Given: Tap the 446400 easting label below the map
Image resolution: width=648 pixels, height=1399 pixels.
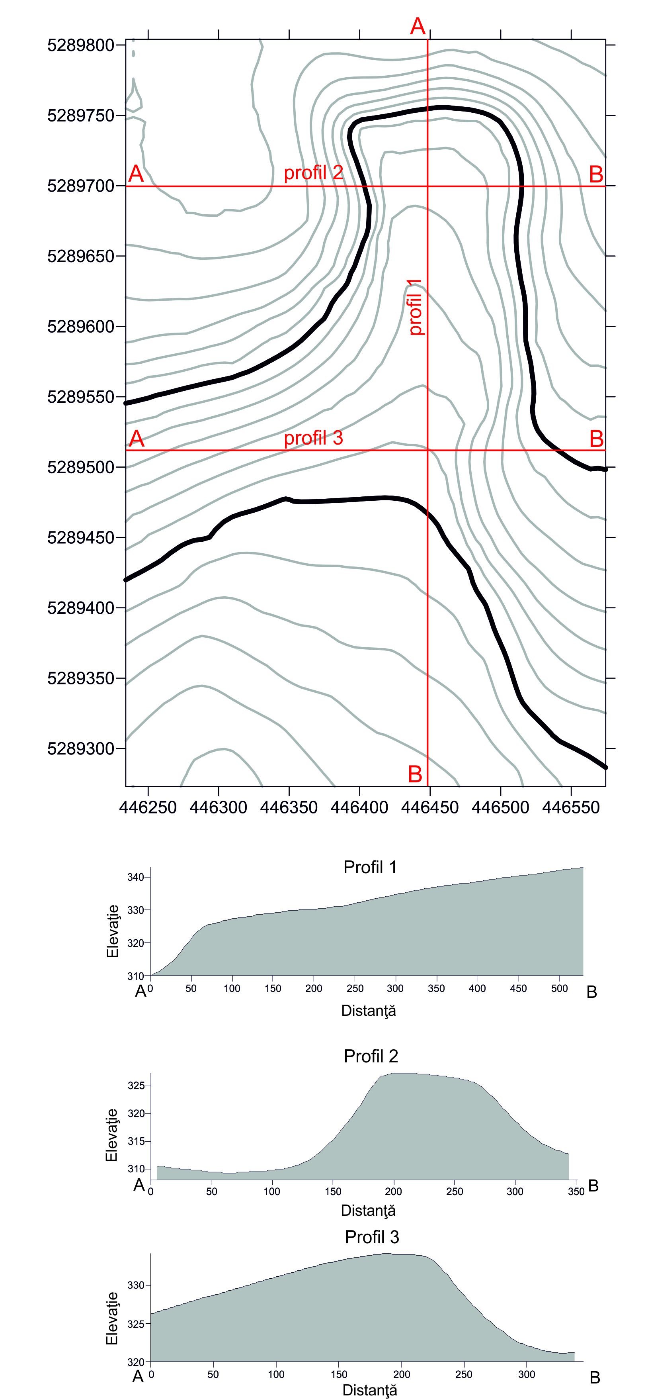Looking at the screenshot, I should click(359, 807).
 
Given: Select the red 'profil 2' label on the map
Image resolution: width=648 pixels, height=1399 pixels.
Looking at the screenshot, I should click(313, 173).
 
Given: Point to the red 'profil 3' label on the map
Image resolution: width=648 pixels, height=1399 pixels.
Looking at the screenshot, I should click(313, 438).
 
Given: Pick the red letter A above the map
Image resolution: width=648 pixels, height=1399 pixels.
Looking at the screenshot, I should click(418, 26).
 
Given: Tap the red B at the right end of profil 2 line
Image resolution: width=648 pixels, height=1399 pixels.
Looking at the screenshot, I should click(596, 175).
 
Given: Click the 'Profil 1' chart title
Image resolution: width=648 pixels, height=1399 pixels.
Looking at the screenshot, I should click(370, 867).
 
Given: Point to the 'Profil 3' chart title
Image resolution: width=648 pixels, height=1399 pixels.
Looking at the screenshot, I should click(372, 1237).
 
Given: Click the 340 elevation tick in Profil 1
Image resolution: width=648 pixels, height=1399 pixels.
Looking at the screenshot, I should click(135, 877).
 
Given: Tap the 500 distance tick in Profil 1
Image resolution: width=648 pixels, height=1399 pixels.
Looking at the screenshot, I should click(559, 988).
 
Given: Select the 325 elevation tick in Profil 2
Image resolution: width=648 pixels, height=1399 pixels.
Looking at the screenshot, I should click(136, 1085).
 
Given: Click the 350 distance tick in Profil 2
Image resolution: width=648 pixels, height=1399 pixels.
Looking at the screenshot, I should click(576, 1191).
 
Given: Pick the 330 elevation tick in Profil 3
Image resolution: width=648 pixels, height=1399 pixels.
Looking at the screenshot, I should click(136, 1285).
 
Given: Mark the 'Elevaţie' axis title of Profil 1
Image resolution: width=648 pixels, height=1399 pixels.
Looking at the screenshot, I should click(112, 931).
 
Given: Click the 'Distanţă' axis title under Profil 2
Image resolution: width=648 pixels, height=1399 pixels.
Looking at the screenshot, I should click(368, 1211).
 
